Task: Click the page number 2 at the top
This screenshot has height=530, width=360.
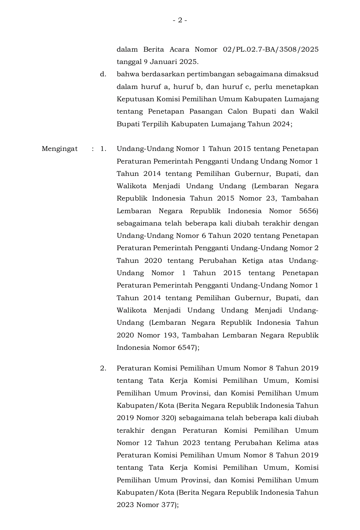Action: [x=180, y=20]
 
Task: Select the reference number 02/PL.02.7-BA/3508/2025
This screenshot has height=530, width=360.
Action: [x=270, y=50]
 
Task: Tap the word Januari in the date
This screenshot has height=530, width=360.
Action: [x=163, y=62]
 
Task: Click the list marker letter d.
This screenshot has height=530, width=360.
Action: [x=103, y=74]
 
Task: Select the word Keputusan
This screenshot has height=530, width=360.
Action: [x=135, y=99]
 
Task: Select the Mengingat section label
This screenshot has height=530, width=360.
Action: [x=60, y=149]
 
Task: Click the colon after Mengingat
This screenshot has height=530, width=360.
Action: [x=93, y=149]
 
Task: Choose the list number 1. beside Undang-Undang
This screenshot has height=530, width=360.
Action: [x=103, y=149]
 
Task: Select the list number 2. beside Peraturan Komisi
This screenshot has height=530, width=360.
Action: [x=103, y=368]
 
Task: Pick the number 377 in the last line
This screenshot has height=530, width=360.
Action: [x=168, y=505]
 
